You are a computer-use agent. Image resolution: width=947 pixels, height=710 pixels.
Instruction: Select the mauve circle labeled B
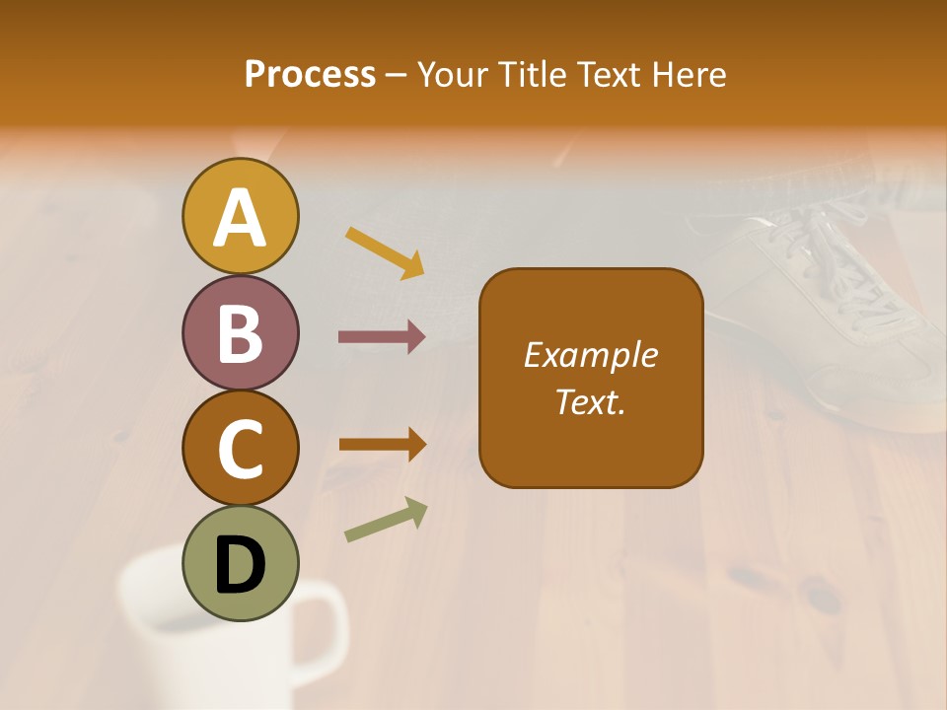point(241,333)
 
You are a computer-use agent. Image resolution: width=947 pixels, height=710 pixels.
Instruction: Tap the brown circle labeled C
point(241,449)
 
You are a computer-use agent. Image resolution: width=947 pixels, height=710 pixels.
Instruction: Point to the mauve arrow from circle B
point(382,337)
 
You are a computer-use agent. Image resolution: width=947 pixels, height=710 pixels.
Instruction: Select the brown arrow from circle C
point(383,444)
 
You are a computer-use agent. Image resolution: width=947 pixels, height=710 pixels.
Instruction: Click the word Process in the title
point(310,74)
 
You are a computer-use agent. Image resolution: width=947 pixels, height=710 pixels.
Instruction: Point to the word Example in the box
point(590,355)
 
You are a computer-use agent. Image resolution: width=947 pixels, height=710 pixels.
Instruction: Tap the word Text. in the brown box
point(590,401)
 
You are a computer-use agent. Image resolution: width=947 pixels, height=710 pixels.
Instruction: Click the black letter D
point(241,566)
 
